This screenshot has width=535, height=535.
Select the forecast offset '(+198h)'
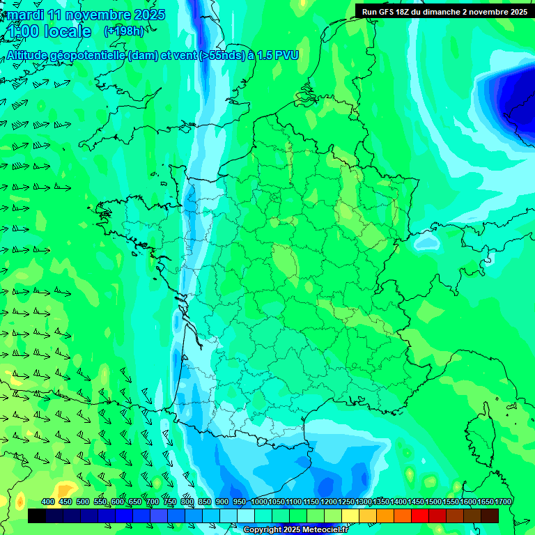(x=123, y=31)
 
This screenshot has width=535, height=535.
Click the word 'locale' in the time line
(x=67, y=31)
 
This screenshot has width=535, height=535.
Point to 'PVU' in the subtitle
(x=286, y=55)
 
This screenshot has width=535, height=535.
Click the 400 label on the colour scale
(x=48, y=502)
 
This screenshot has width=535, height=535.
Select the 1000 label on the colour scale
(x=259, y=502)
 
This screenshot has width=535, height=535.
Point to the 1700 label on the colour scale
(x=503, y=502)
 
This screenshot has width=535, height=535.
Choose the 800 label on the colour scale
(x=187, y=502)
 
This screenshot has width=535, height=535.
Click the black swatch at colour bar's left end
(x=37, y=515)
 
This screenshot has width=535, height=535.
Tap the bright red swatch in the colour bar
(x=420, y=515)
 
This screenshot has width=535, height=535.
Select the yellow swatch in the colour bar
(x=350, y=515)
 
